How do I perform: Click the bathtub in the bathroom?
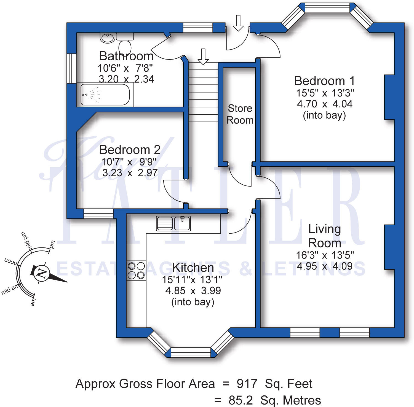105,95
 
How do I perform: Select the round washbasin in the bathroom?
107,37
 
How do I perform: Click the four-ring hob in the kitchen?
136,271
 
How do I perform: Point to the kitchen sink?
173,223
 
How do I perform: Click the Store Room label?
240,114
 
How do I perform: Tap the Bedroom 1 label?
324,81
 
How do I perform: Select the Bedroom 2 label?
130,150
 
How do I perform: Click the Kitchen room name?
193,268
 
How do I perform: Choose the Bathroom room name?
126,56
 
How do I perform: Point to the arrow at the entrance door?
238,23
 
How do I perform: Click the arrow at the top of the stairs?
203,56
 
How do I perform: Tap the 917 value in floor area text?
247,384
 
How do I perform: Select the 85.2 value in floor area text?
241,400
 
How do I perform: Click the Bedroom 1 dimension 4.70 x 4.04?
325,104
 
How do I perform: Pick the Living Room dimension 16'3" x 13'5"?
325,255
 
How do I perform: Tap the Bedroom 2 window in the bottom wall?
98,214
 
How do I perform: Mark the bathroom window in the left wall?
72,68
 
